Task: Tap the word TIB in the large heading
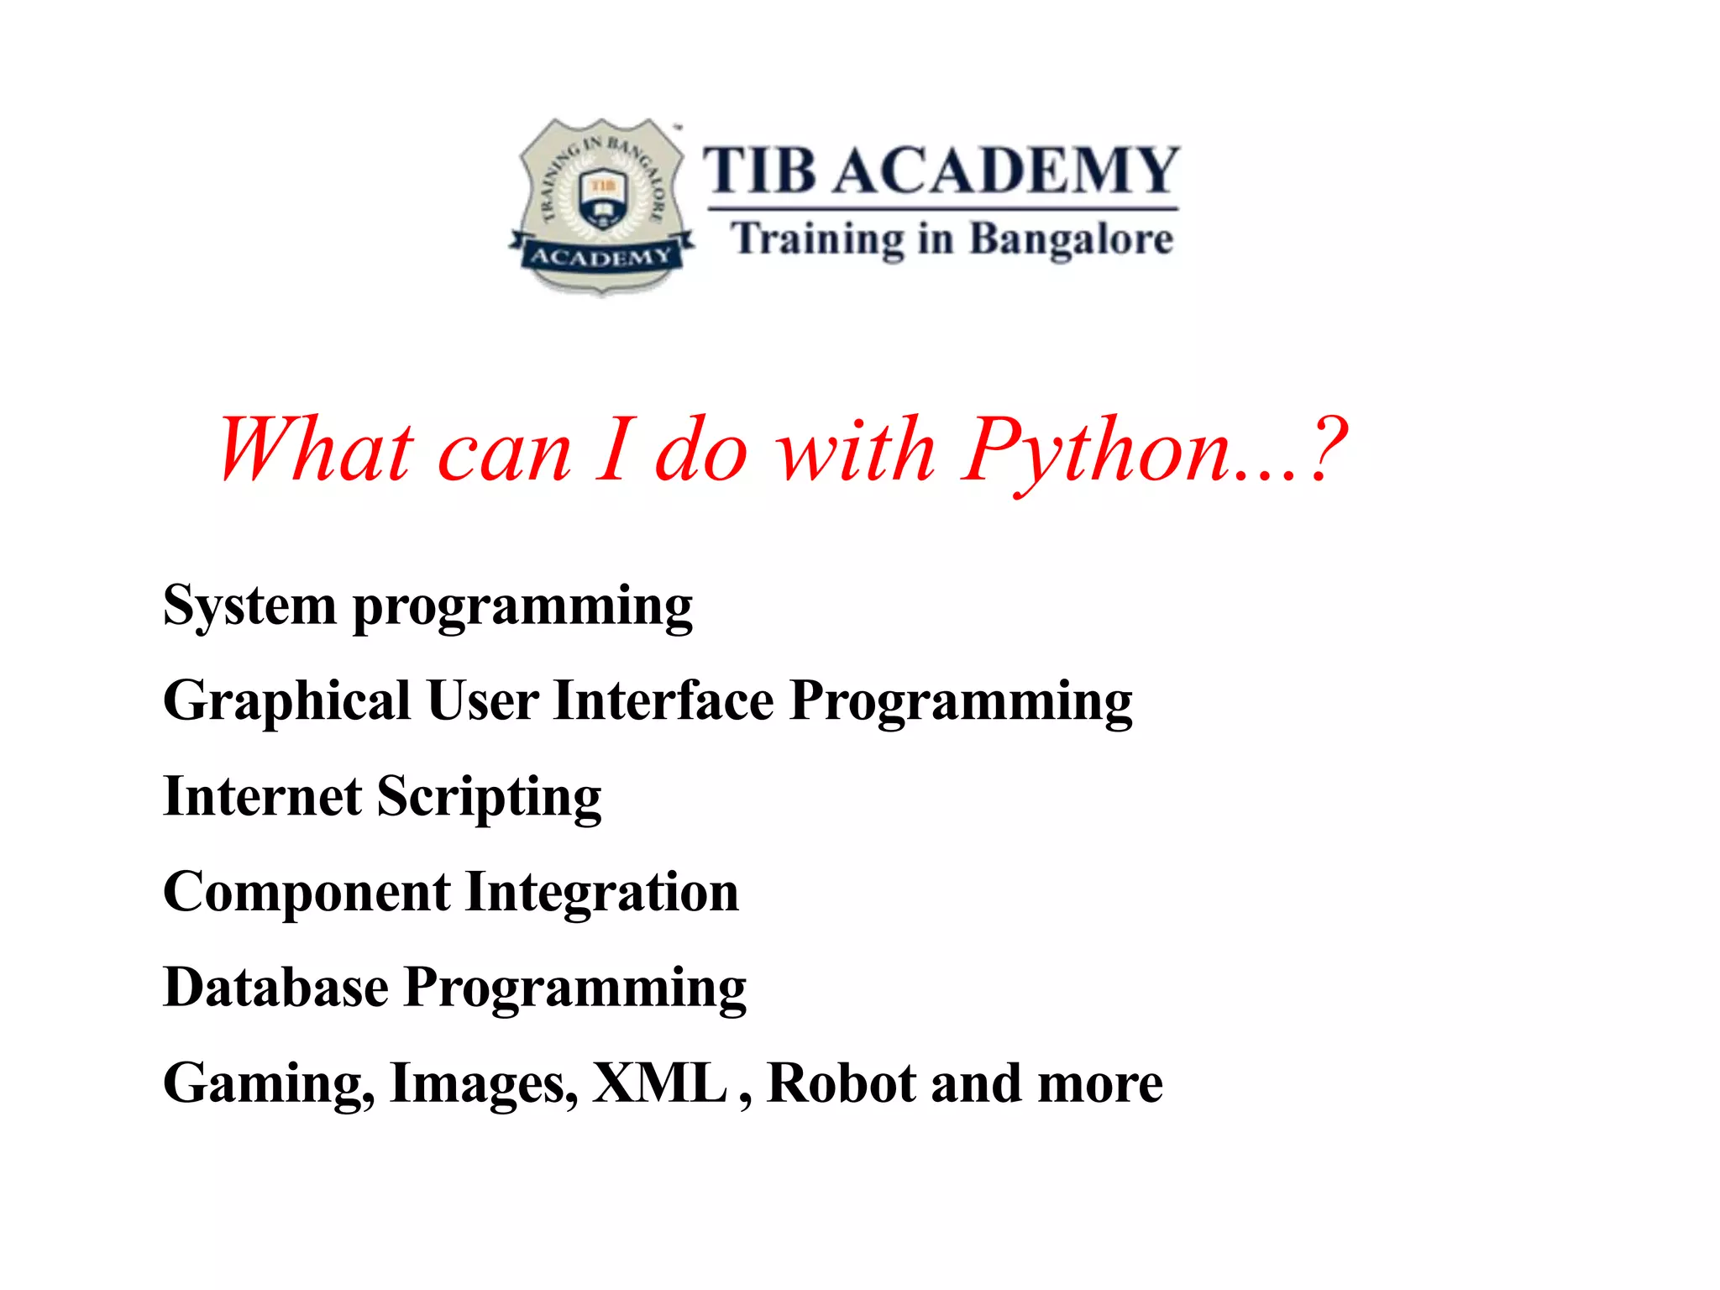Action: click(x=758, y=170)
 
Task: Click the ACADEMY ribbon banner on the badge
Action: click(x=601, y=256)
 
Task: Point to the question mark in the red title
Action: click(x=1326, y=450)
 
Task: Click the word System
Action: click(x=249, y=606)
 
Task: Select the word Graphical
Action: click(x=286, y=702)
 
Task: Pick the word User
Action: click(x=482, y=700)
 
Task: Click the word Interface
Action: click(x=663, y=700)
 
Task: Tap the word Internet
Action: click(x=262, y=796)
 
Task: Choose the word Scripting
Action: click(x=489, y=798)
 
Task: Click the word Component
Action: click(x=307, y=892)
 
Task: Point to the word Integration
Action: click(x=602, y=894)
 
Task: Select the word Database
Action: click(x=275, y=987)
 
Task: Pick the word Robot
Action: click(x=842, y=1083)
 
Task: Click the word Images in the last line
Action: click(x=484, y=1084)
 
